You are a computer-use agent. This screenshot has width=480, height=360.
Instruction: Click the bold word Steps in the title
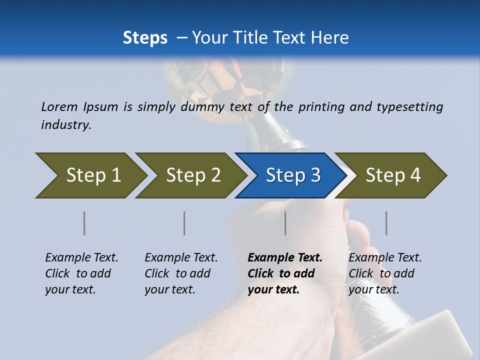(x=145, y=38)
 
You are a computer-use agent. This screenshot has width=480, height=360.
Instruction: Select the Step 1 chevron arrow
(x=90, y=175)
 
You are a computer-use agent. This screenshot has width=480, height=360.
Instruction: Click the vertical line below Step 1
(x=84, y=223)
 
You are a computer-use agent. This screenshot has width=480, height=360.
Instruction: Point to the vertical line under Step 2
(x=184, y=223)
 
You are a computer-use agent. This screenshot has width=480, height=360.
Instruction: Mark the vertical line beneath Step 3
(x=285, y=223)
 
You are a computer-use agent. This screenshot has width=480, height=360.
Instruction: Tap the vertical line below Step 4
(x=386, y=223)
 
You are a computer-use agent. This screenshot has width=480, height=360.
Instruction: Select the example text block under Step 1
(x=81, y=273)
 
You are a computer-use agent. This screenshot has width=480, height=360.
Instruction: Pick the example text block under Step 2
(x=181, y=273)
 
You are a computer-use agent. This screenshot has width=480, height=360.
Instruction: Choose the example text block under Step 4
(x=385, y=273)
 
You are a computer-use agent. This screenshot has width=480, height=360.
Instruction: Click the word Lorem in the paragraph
(x=59, y=106)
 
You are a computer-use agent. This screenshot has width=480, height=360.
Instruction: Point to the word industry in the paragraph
(x=66, y=124)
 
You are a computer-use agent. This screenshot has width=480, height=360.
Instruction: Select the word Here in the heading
(x=331, y=38)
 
